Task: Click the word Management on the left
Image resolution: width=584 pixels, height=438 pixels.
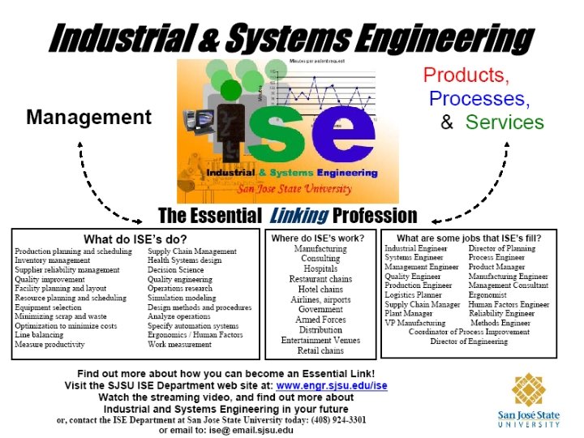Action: pyautogui.click(x=88, y=117)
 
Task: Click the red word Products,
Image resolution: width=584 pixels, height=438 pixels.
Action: pyautogui.click(x=466, y=76)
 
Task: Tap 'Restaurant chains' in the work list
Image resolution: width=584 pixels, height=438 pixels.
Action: pyautogui.click(x=320, y=280)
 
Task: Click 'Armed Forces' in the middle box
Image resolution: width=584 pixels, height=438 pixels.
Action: pyautogui.click(x=320, y=320)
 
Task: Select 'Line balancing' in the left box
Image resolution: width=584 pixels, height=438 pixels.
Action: pyautogui.click(x=41, y=334)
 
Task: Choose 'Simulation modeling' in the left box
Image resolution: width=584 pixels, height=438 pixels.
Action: pyautogui.click(x=183, y=298)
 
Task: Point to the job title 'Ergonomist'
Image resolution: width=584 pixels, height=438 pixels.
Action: pyautogui.click(x=491, y=295)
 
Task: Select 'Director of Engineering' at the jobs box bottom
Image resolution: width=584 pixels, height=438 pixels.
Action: pyautogui.click(x=469, y=341)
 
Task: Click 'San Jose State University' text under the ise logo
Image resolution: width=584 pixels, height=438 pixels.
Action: pyautogui.click(x=294, y=190)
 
